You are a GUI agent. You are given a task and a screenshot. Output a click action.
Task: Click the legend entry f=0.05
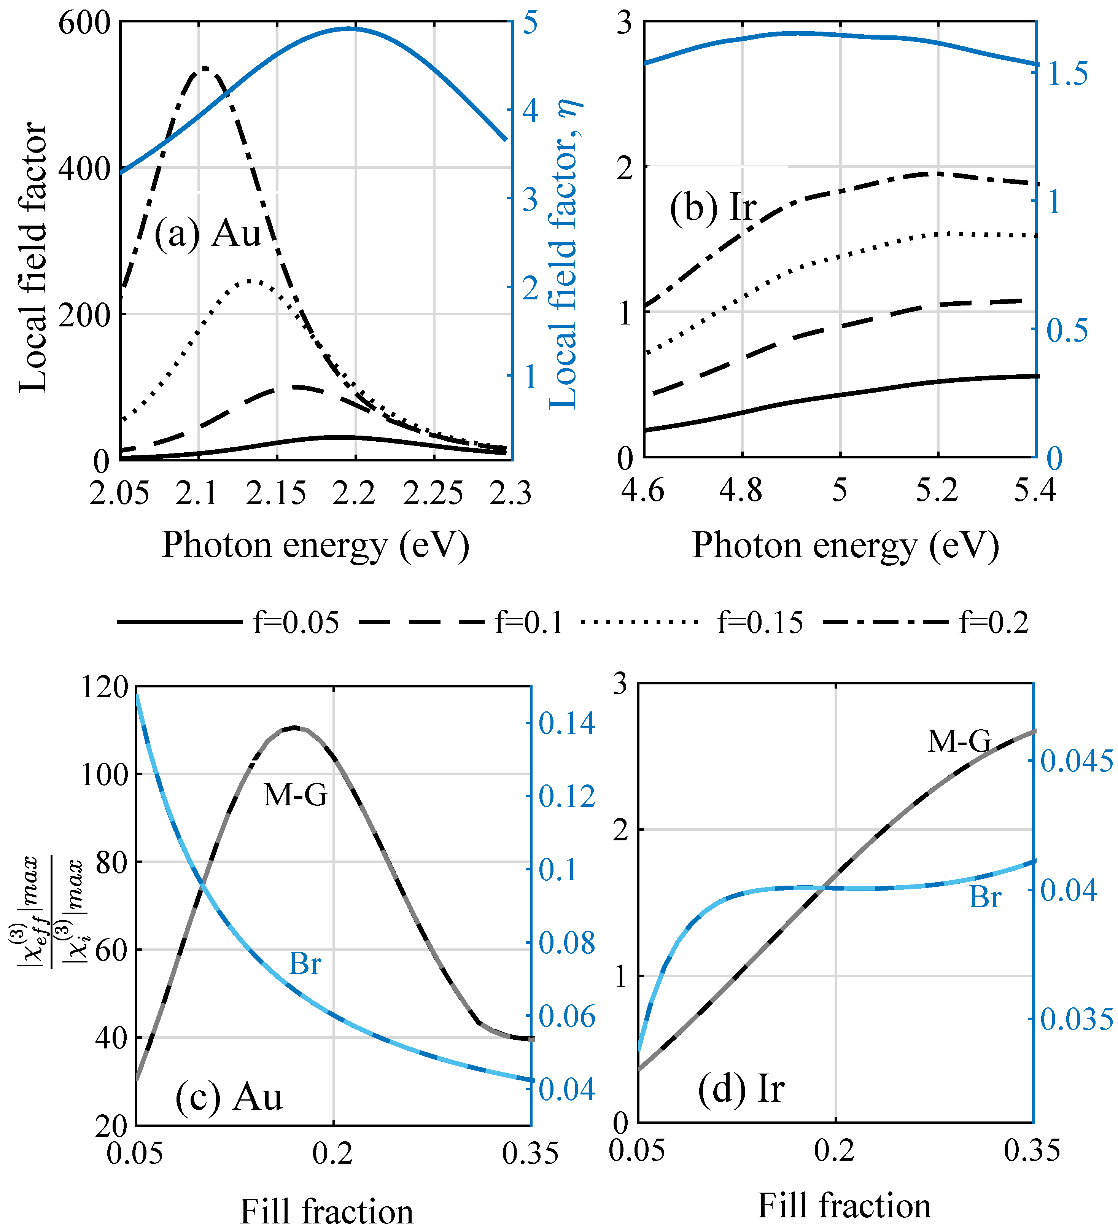296,622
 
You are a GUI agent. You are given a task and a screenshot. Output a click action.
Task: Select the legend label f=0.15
760,622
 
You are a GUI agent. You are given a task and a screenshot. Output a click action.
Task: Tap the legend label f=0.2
994,622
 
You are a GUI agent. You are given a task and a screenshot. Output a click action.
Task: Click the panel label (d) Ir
741,1088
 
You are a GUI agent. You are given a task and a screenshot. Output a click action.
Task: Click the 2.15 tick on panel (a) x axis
277,493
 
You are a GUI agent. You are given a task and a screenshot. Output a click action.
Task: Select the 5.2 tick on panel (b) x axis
937,490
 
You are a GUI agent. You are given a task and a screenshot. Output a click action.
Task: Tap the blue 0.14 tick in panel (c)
567,724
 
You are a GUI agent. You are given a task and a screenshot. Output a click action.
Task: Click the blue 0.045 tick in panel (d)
1077,761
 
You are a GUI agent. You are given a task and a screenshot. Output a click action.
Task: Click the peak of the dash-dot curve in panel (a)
205,68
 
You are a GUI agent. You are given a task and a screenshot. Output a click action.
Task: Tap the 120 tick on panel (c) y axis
104,687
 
